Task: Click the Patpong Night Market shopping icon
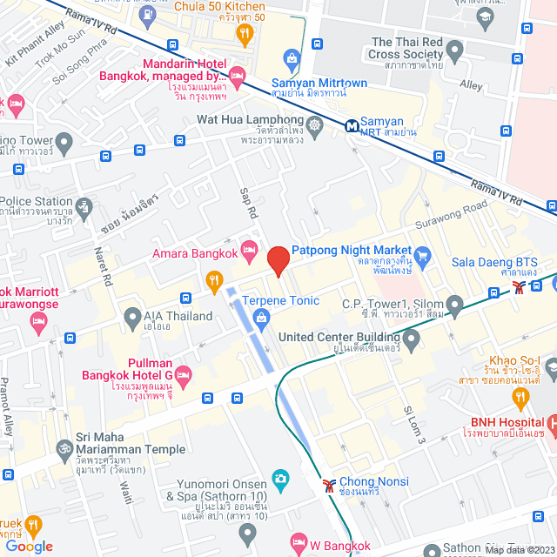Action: click(423, 255)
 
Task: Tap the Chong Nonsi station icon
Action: click(328, 483)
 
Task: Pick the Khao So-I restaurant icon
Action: click(521, 399)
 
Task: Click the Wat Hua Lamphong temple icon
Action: click(314, 124)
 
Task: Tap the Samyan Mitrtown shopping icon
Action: click(292, 58)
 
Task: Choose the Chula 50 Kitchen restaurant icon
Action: click(245, 34)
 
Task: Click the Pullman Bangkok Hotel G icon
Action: click(183, 376)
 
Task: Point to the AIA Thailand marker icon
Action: click(132, 316)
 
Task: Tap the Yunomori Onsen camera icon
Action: click(279, 478)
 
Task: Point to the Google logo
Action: click(29, 546)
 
